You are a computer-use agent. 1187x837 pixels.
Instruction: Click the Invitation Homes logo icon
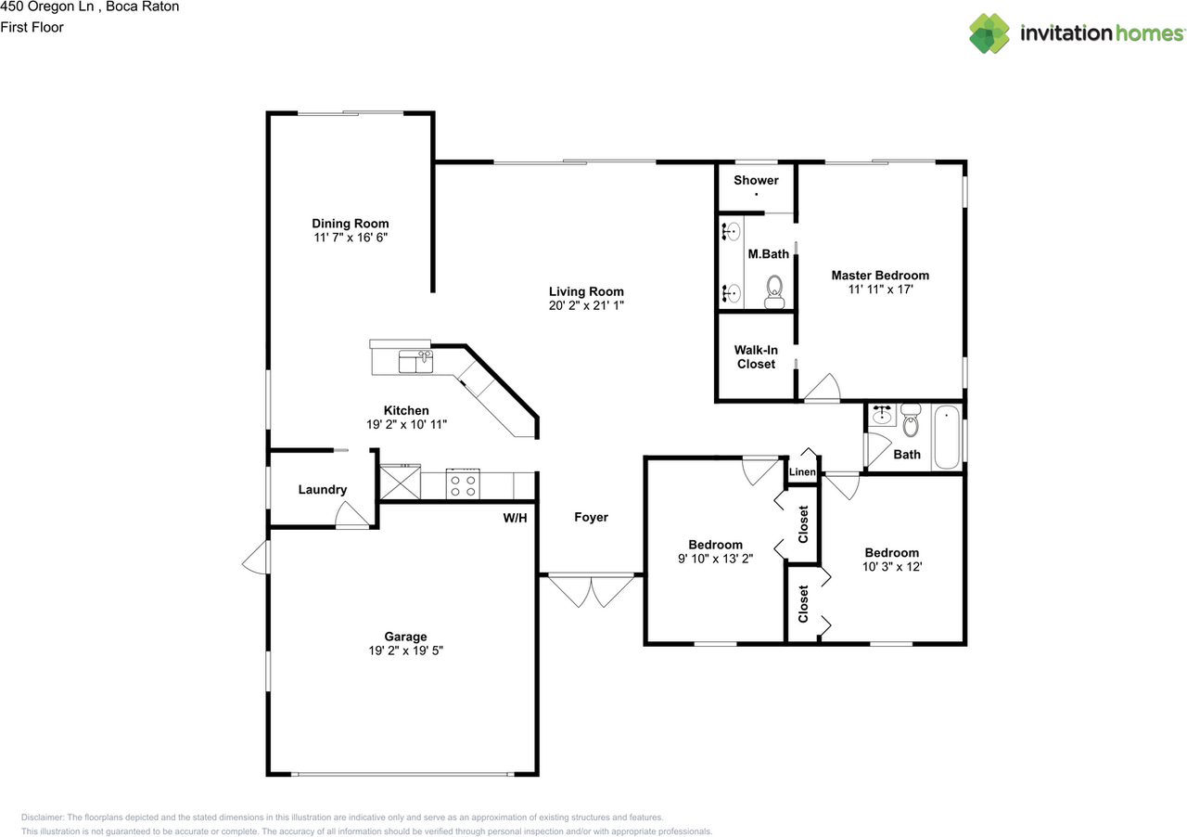989,33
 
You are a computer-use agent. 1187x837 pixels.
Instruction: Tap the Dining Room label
351,224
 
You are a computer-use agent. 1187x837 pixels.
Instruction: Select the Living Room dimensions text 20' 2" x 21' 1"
586,305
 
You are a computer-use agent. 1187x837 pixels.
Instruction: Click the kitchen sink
415,361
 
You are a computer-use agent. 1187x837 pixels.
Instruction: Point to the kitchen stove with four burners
463,483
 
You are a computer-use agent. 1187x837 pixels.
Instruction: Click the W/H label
515,518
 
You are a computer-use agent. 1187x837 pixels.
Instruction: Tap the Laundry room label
322,490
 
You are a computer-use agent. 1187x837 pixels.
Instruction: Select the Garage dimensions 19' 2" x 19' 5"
406,650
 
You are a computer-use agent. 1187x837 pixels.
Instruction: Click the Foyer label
591,517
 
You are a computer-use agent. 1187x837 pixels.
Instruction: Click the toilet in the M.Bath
774,291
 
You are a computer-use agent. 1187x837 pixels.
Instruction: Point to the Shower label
756,180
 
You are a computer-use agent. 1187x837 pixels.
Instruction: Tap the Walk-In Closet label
756,357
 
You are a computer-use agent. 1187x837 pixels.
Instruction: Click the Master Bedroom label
880,276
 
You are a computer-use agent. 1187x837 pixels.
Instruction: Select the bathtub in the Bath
947,437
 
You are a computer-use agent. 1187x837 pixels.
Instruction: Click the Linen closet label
802,472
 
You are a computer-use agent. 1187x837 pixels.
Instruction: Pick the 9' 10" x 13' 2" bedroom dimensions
715,559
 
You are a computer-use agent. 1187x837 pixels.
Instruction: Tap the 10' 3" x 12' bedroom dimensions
892,566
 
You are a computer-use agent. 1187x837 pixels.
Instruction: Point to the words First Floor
32,27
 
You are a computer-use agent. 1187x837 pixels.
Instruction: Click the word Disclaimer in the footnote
43,818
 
